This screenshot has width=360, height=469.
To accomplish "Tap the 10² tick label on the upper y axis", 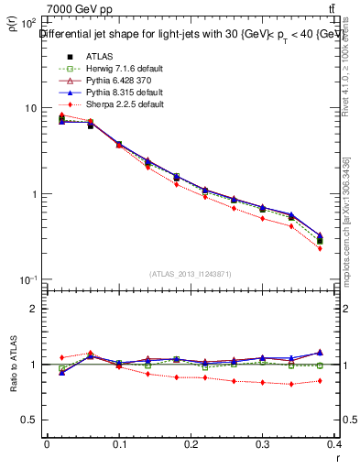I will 27,23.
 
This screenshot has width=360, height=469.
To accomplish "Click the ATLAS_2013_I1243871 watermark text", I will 191,274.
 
